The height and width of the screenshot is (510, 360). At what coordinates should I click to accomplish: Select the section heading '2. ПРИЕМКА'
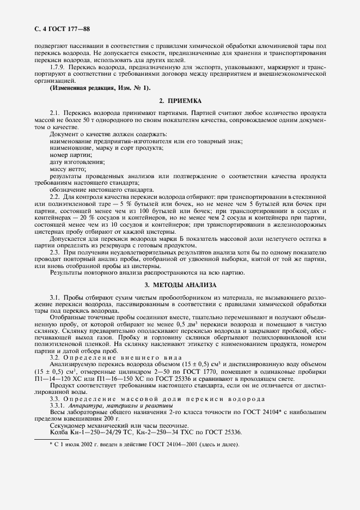point(180,101)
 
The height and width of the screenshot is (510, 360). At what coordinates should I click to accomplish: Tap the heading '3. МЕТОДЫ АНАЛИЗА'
point(180,285)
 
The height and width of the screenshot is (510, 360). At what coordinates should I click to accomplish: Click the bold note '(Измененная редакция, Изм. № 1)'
point(101,88)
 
